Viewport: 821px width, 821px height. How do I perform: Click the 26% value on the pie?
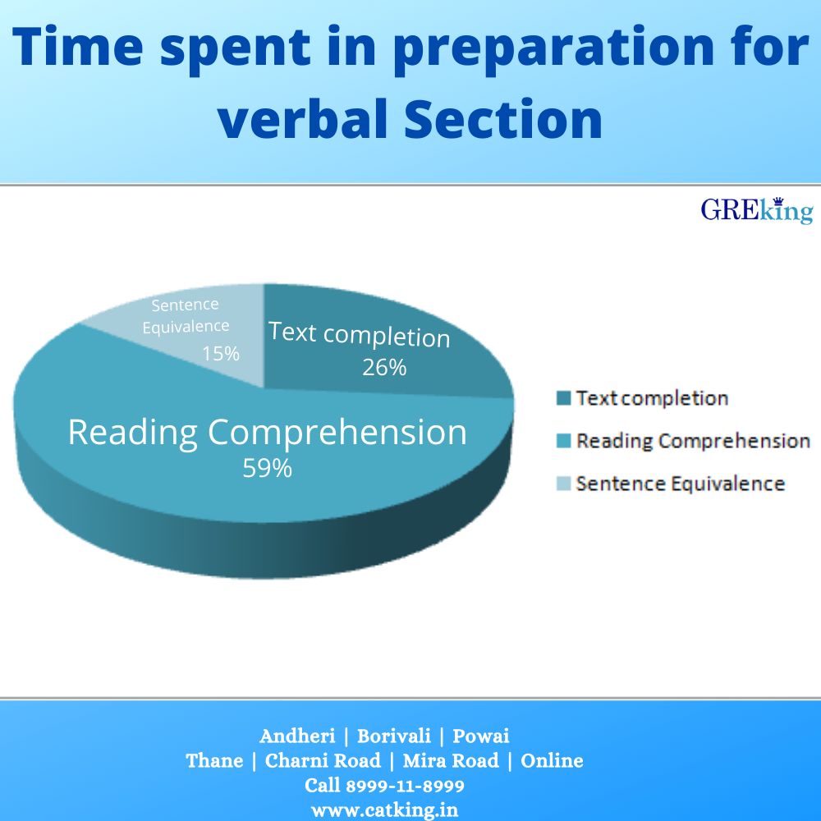tap(384, 368)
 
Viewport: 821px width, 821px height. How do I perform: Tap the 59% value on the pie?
tap(267, 468)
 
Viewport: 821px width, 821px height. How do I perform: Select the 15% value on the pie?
tap(221, 353)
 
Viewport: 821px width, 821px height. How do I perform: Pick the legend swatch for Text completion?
tap(563, 398)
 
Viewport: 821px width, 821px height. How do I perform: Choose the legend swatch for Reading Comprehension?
tap(563, 441)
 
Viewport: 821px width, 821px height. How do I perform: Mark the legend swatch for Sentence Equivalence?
tap(563, 484)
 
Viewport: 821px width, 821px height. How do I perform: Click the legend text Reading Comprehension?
tap(693, 442)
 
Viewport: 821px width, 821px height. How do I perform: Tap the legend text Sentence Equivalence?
tap(681, 484)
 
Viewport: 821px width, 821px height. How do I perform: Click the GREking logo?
tap(757, 210)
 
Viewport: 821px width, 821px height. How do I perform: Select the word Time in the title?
tap(77, 46)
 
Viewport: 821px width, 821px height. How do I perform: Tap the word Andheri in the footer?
tap(297, 736)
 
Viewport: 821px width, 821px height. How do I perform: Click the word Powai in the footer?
tap(480, 736)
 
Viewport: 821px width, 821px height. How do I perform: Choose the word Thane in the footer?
tap(214, 761)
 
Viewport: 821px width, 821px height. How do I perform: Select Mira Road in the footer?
tap(451, 761)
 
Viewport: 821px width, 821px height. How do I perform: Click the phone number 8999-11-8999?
tap(406, 786)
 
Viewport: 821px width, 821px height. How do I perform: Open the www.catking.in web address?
tap(384, 810)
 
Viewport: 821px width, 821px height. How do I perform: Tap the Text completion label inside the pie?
tap(360, 335)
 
